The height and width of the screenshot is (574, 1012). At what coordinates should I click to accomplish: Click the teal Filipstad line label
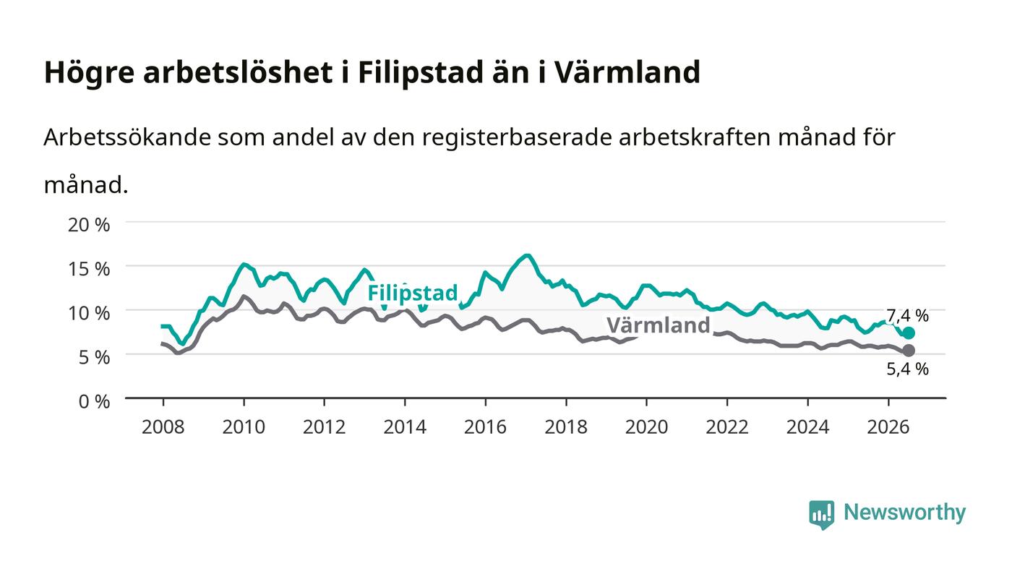[413, 293]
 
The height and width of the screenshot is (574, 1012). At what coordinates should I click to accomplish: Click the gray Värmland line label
[659, 325]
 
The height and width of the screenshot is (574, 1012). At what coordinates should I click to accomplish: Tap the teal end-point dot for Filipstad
[909, 333]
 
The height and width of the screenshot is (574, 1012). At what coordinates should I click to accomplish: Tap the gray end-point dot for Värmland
[909, 351]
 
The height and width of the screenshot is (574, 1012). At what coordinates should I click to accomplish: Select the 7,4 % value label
[907, 315]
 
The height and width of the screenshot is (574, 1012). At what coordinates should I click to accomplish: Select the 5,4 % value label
[907, 369]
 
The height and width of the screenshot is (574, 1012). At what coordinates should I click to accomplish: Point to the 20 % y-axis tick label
[89, 225]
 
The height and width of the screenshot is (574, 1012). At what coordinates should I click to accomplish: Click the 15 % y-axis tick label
[89, 269]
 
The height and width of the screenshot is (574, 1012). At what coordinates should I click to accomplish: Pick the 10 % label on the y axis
[89, 313]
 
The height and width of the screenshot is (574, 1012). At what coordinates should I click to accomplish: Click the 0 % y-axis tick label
[95, 401]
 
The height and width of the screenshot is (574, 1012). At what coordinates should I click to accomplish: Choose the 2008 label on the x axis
[163, 427]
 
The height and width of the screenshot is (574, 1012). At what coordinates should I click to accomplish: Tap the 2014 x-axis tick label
[405, 427]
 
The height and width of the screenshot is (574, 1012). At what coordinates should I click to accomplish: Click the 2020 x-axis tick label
[646, 427]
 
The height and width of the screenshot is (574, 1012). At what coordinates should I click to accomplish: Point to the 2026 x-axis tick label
[888, 427]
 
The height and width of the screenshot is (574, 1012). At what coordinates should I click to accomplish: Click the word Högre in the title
[90, 72]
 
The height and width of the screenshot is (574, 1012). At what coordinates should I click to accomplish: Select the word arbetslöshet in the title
[238, 72]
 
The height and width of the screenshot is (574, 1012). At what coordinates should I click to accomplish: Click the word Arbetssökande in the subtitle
[127, 137]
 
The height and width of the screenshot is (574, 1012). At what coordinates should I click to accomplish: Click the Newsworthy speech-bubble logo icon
[821, 515]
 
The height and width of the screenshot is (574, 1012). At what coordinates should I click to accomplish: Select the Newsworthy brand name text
[904, 513]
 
